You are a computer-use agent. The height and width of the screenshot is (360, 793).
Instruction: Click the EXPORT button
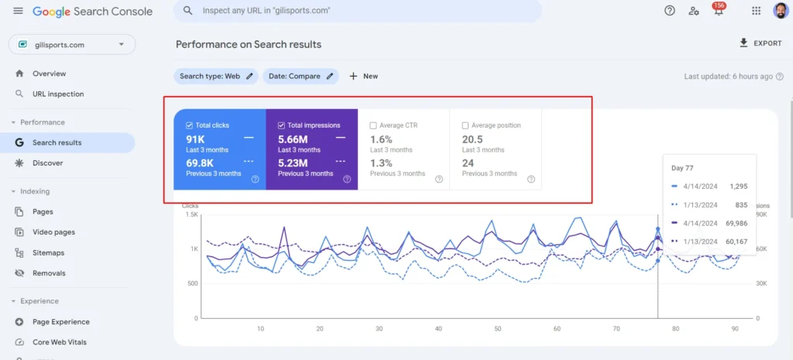[x=761, y=43]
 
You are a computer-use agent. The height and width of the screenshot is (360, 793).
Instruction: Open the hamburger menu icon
[x=18, y=11]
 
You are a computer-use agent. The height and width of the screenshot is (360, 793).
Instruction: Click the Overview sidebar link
[x=49, y=74]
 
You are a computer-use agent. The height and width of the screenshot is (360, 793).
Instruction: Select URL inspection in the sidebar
[x=58, y=94]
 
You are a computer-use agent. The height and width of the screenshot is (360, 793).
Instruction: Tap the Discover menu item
[x=47, y=163]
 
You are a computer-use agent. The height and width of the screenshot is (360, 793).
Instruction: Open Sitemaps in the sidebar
[x=48, y=252]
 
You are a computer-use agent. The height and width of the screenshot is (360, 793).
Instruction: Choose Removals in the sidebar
[x=49, y=273]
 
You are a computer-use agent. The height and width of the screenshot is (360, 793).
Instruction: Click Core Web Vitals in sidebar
[x=59, y=342]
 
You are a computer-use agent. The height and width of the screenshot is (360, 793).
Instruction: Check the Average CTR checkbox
[x=373, y=125]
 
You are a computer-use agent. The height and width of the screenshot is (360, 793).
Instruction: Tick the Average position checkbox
[x=465, y=125]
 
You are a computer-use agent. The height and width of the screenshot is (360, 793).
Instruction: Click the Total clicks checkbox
[x=190, y=125]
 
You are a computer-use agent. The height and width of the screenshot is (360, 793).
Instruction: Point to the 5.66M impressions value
[x=293, y=139]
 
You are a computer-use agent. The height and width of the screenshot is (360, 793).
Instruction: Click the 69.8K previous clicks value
[x=200, y=163]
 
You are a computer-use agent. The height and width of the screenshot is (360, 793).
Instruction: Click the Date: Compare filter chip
[x=300, y=76]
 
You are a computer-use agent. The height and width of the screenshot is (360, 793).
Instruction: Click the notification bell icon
[x=718, y=11]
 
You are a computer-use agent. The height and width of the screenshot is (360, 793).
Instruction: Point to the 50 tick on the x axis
[x=438, y=328]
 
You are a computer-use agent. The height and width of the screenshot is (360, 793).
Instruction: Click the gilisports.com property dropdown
[x=71, y=45]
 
